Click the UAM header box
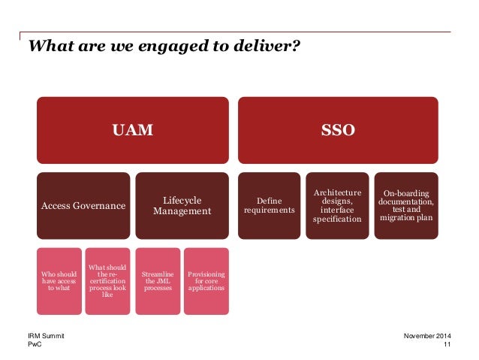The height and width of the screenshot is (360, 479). pyautogui.click(x=132, y=130)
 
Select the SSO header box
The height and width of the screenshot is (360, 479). pyautogui.click(x=338, y=130)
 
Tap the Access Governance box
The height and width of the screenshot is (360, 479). pyautogui.click(x=82, y=205)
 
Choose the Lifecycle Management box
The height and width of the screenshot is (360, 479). pyautogui.click(x=181, y=205)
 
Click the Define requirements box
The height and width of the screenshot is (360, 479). pyautogui.click(x=269, y=205)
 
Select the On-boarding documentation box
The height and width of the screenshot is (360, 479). pyautogui.click(x=406, y=205)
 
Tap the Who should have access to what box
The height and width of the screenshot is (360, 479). pyautogui.click(x=59, y=281)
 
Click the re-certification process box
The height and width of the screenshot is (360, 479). pyautogui.click(x=107, y=281)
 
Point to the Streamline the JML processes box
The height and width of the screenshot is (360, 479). pyautogui.click(x=157, y=281)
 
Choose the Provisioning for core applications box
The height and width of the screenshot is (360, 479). pyautogui.click(x=206, y=281)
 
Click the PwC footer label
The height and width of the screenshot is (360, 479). pyautogui.click(x=34, y=344)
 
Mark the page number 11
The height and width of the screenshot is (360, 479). pyautogui.click(x=447, y=344)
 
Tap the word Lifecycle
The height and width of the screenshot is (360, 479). pyautogui.click(x=181, y=199)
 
